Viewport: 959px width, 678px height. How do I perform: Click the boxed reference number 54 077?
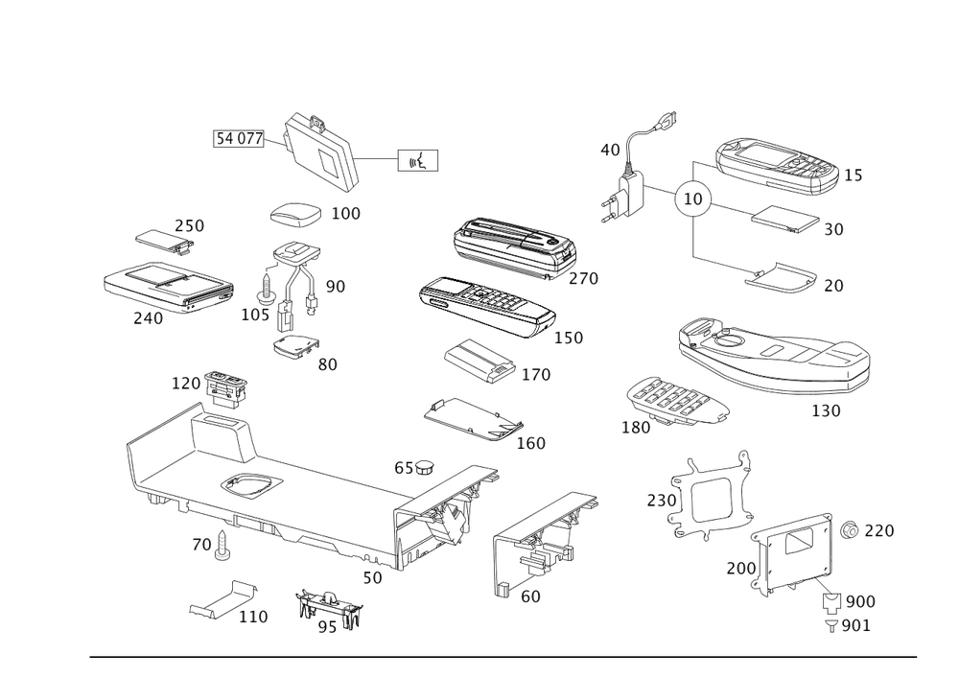pos(239,139)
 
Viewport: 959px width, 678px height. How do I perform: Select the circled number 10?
pos(693,199)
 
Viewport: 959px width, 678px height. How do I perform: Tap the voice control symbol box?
pos(418,160)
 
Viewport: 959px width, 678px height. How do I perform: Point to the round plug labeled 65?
pos(424,468)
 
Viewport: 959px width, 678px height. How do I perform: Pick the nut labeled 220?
pos(849,530)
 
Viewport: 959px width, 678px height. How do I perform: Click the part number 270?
pos(583,279)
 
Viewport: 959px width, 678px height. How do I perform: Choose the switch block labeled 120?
pos(226,387)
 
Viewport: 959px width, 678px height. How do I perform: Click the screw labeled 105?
pos(266,289)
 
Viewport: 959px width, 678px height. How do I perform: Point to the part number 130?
pos(826,410)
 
